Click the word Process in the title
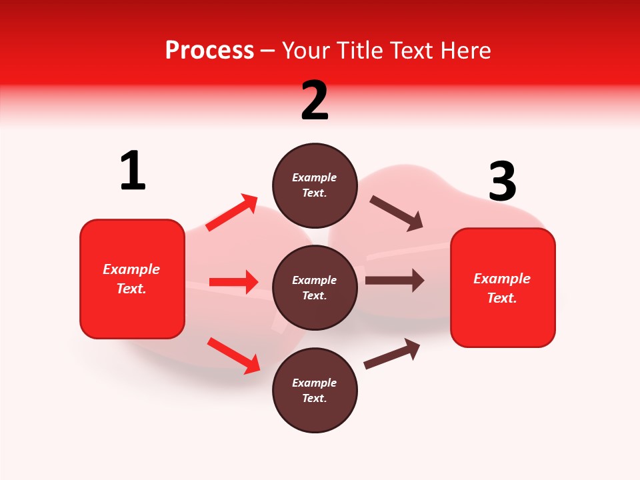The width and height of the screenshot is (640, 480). [x=209, y=51]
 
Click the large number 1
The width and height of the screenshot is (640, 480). [x=133, y=171]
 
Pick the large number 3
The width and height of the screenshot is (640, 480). [x=502, y=182]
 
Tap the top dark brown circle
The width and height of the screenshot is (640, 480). [x=315, y=185]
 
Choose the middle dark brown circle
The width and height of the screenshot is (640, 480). [x=315, y=287]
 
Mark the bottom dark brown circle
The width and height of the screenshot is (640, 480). [x=315, y=390]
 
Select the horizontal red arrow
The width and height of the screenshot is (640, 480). [x=233, y=282]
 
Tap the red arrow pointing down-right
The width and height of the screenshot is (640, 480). [x=233, y=355]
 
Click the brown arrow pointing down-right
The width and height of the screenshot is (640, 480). [x=397, y=213]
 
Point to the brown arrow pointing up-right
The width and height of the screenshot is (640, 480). [x=393, y=353]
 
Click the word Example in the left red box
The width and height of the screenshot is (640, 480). [x=131, y=269]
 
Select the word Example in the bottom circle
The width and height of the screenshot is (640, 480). [x=314, y=383]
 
